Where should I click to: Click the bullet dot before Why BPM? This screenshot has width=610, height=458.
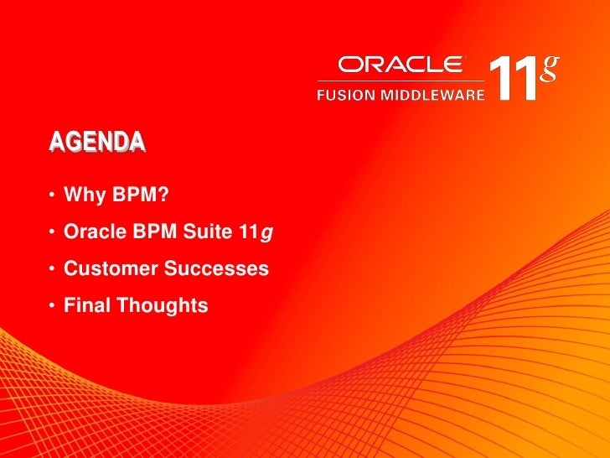52,196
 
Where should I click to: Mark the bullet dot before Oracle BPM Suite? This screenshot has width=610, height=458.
52,233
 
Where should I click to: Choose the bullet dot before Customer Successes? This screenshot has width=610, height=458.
52,270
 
